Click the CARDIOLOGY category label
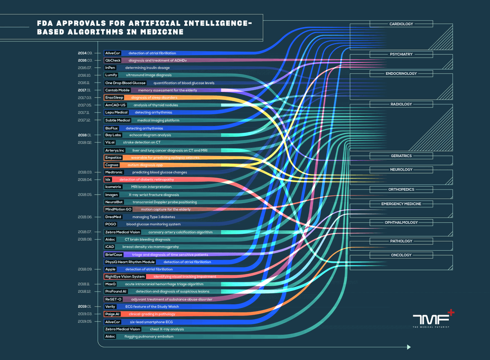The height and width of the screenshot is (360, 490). pos(401,24)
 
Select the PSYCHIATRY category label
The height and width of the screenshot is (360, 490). pos(401,54)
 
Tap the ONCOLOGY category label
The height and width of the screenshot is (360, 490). pos(401,255)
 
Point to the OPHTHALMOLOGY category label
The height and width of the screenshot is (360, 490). pos(401,222)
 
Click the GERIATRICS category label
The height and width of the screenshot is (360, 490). pos(401,156)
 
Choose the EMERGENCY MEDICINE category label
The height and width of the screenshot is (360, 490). pos(401,204)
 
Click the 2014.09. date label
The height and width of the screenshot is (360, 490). pos(85,53)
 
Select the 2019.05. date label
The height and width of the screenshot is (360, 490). pos(85,322)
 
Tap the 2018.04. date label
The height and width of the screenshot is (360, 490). pos(85,180)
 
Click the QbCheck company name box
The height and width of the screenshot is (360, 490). pos(113,60)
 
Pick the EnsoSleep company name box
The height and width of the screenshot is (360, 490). pos(114,98)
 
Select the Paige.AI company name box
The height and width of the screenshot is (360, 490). pos(112,314)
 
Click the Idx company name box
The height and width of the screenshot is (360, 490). pos(108,180)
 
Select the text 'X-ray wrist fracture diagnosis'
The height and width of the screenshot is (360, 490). pos(154,195)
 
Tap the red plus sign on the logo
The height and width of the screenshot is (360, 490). pos(450,313)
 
